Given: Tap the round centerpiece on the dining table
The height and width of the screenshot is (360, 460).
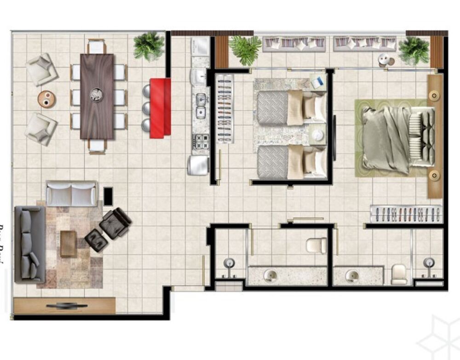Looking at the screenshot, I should pyautogui.click(x=97, y=94).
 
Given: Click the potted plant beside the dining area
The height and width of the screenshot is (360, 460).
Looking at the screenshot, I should pyautogui.click(x=149, y=46).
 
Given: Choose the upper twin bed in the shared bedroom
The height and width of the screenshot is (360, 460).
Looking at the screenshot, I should pyautogui.click(x=290, y=108).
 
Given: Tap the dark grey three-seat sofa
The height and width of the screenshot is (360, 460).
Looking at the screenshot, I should pyautogui.click(x=30, y=244).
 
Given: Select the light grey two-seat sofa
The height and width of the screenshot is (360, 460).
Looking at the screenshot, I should pyautogui.click(x=72, y=194).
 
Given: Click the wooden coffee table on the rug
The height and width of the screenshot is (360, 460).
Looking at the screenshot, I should pyautogui.click(x=68, y=243).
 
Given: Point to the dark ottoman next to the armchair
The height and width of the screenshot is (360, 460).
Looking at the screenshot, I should pyautogui.click(x=96, y=240).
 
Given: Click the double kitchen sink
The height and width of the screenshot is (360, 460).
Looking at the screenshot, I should pyautogui.click(x=201, y=105).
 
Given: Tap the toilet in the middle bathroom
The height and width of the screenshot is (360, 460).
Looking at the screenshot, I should pyautogui.click(x=316, y=245).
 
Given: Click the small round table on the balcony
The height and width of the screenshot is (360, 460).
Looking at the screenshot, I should pyautogui.click(x=384, y=60).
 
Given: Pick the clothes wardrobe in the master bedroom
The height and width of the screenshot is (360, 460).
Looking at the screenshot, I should pyautogui.click(x=406, y=214).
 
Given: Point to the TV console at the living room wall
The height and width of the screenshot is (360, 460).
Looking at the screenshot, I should pyautogui.click(x=64, y=305).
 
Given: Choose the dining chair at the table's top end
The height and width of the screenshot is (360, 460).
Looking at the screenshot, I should pyautogui.click(x=97, y=46).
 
